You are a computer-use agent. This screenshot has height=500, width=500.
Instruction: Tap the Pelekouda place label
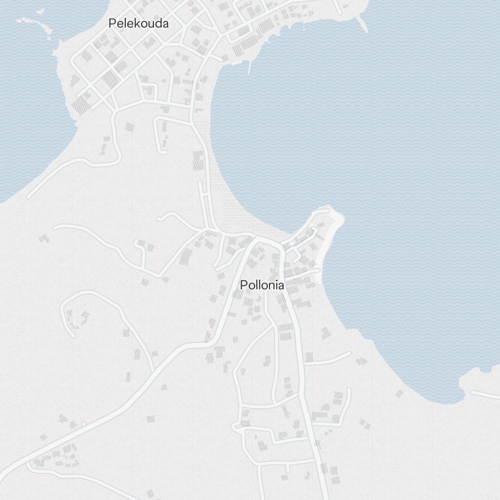coord(138,23)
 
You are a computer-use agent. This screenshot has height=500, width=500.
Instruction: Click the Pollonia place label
coord(262,285)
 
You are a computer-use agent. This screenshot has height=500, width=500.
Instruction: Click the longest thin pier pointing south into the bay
coord(249,68)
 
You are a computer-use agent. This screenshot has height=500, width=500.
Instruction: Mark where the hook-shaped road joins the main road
coord(152,370)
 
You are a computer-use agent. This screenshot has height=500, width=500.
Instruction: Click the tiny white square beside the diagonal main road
coord(83,424)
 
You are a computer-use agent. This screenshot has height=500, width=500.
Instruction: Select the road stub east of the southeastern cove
coord(485,394)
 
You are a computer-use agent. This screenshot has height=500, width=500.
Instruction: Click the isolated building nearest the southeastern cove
coord(399,393)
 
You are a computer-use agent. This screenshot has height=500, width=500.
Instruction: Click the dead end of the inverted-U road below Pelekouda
coord(162,150)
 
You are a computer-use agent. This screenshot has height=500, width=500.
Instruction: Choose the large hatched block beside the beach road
coord(199,160)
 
